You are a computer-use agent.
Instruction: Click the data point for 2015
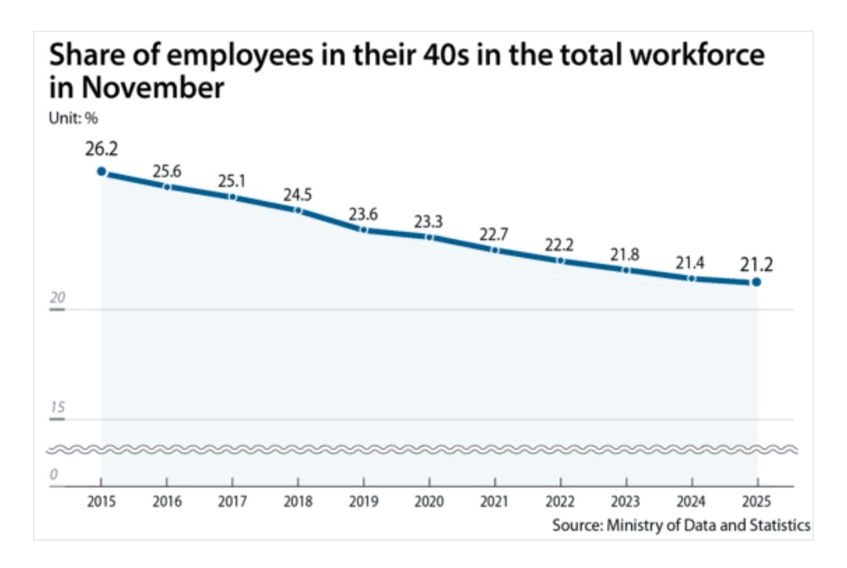[x=101, y=171]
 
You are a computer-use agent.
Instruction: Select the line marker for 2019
[x=363, y=229]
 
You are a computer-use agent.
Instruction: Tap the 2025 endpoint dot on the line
[x=756, y=282]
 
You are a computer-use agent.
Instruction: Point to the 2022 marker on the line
[x=560, y=260]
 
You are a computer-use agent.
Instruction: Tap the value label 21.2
[x=756, y=264]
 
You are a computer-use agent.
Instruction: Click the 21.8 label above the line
[x=625, y=253]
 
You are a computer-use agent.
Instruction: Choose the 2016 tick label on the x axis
[x=166, y=502]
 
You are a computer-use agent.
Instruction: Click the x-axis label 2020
[x=428, y=502]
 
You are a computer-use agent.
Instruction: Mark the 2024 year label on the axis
[x=691, y=502]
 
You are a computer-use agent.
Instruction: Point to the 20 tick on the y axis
[x=55, y=299]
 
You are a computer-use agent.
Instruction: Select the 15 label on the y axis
[x=55, y=408]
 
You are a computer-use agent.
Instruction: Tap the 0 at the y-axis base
[x=53, y=475]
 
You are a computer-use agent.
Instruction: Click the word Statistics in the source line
[x=781, y=525]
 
